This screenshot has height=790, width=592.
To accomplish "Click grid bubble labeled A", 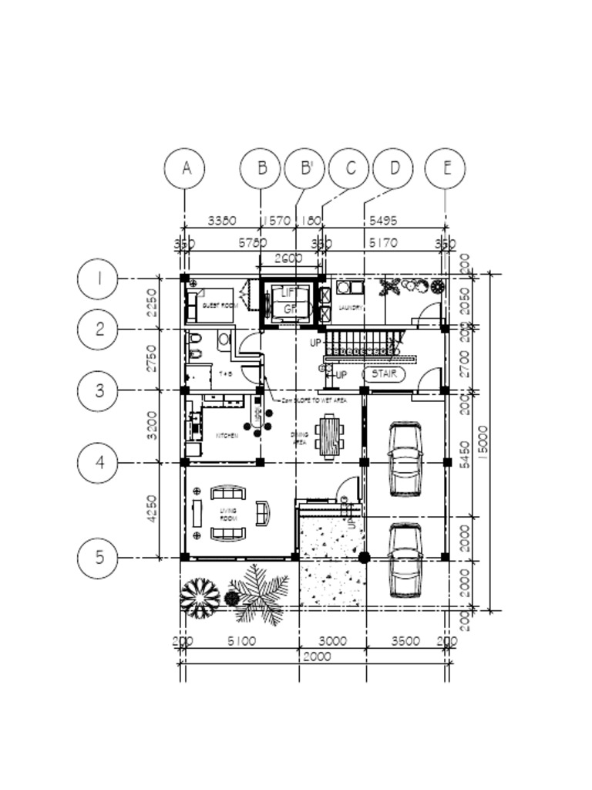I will point(186,168).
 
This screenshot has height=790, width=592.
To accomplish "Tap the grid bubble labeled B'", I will point(305,168).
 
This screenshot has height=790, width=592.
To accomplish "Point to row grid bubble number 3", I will point(99,390).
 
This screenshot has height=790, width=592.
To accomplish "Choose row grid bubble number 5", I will point(99,557).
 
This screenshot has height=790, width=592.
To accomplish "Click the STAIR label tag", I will point(384,374).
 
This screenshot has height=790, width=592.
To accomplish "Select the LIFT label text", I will point(288,293).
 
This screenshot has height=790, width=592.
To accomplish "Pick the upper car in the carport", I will point(405,460).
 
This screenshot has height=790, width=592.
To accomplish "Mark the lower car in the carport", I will point(405,561).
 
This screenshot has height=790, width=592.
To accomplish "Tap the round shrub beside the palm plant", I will point(200,597).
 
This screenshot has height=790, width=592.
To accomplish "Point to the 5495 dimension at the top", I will point(383,221).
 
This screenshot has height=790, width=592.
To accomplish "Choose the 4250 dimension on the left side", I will point(152,509).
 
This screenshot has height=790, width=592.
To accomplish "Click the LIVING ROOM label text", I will point(229,515).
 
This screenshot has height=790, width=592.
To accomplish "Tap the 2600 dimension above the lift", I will point(288,258).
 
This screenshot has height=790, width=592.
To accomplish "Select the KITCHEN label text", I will point(227,436).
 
